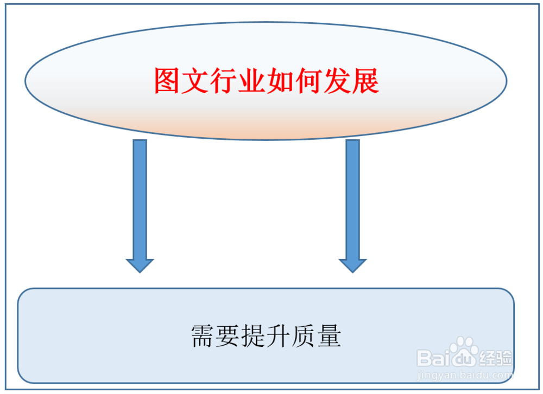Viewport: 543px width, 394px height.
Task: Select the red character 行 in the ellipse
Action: (224, 81)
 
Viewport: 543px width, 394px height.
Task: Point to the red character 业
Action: (252, 81)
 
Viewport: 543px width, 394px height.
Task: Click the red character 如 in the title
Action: (281, 81)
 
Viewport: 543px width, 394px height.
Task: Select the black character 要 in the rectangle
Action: (228, 337)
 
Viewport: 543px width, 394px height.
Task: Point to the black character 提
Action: (253, 337)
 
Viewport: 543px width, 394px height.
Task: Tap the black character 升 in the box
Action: (278, 337)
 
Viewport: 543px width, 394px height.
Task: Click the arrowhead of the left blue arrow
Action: (140, 265)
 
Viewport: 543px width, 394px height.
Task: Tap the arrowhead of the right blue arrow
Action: (352, 265)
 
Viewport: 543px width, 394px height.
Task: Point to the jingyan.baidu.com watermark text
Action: (464, 374)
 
